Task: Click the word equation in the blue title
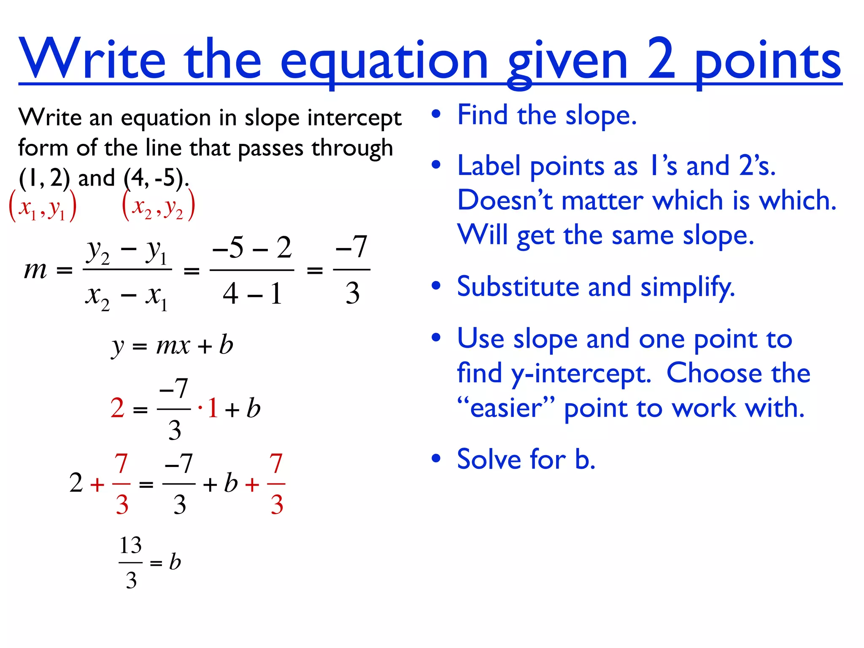(x=384, y=61)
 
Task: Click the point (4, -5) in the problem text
(x=154, y=178)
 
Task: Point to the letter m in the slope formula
(x=35, y=270)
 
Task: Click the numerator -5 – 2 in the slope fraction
(x=252, y=248)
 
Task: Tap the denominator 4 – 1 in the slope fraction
(x=252, y=293)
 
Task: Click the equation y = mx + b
(x=172, y=346)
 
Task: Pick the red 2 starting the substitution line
(x=117, y=408)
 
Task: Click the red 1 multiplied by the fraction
(x=213, y=408)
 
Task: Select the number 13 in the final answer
(x=130, y=545)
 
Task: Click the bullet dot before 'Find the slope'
(x=436, y=114)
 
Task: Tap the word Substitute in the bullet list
(x=518, y=287)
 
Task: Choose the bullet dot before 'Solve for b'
(x=436, y=458)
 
